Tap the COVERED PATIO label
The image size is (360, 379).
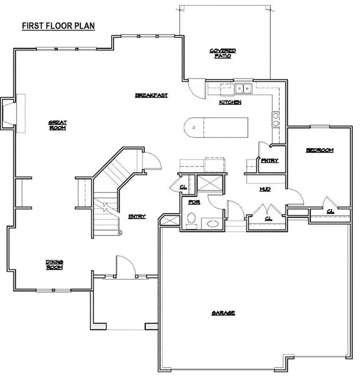[223, 53]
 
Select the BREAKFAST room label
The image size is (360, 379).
[152, 95]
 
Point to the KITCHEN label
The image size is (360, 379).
[230, 102]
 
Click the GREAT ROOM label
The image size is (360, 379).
[57, 125]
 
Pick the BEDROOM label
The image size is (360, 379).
[320, 150]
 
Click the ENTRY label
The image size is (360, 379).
[137, 216]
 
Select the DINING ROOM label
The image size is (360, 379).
[54, 265]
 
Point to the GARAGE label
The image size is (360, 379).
[223, 313]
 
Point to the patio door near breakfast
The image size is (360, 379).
[196, 89]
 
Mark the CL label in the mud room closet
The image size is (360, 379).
[268, 217]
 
